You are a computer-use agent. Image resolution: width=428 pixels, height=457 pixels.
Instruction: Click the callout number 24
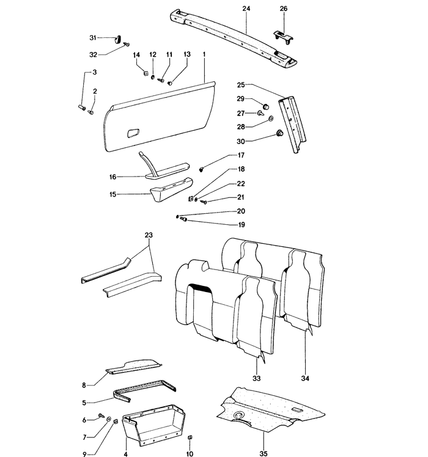click(246, 9)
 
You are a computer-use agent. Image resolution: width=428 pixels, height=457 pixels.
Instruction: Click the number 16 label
click(113, 177)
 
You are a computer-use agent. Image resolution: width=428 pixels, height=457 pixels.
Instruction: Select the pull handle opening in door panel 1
click(133, 132)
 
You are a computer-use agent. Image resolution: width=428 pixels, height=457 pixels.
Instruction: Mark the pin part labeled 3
click(81, 108)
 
